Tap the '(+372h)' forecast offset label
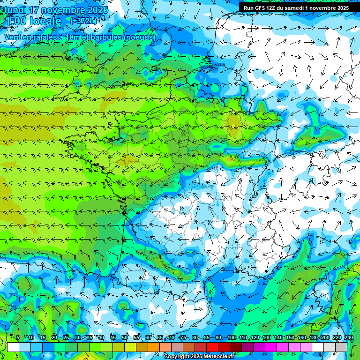pos(84,21)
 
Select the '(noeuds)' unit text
pos(140,37)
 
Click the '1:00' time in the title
pos(15,21)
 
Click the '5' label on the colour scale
pos(18,337)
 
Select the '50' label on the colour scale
pos(125,337)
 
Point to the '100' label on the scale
pos(232,337)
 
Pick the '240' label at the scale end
pos(348,337)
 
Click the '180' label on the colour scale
pos(314,337)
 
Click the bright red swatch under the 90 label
pos(212,347)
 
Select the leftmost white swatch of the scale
pos(13,347)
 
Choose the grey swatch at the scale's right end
pos(341,347)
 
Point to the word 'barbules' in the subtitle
pos(107,37)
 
